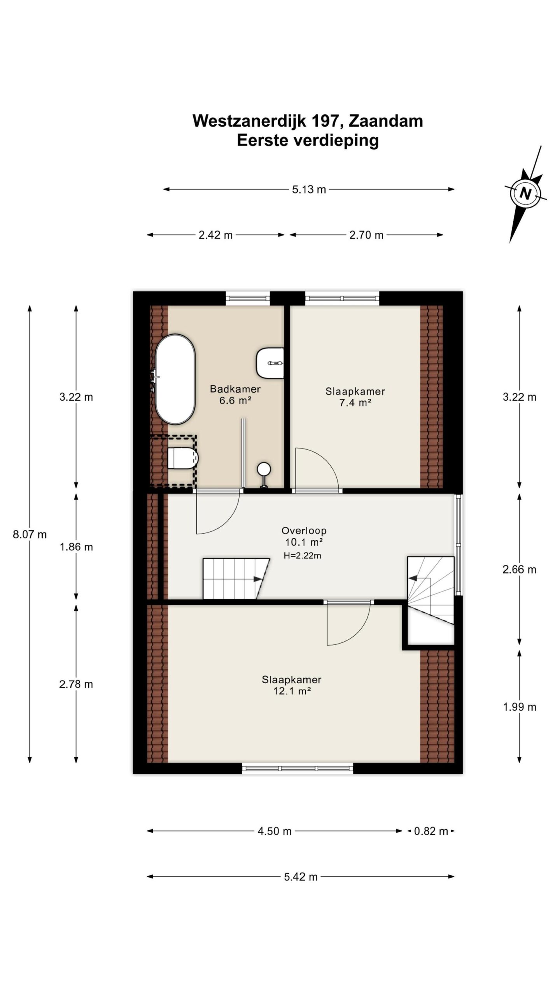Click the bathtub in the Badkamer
pos(175,379)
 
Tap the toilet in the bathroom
pos(183,458)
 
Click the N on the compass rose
pos(525,193)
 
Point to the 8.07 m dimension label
pos(30,534)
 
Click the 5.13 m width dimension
pos(309,190)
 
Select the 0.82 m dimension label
pos(431,831)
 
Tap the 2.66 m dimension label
pos(519,569)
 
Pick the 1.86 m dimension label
pos(76,547)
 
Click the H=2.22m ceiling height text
pos(303,556)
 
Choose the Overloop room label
pos(304,531)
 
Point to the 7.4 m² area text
pos(355,403)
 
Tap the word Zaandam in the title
pos(386,121)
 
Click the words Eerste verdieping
pos(308,140)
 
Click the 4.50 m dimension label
pos(275,831)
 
